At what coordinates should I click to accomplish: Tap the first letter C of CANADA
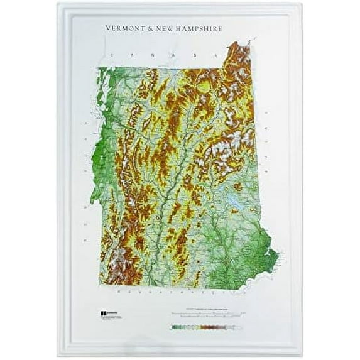click(111, 56)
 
